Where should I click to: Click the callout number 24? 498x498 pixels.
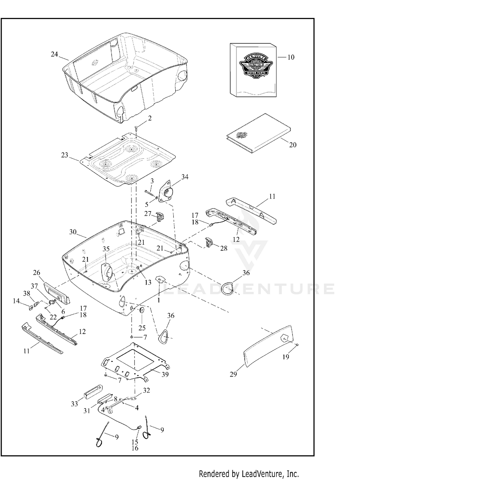click(x=54, y=54)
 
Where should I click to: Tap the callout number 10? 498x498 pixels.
click(x=290, y=57)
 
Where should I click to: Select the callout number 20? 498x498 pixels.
click(x=292, y=145)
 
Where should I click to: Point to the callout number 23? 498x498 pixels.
click(x=64, y=155)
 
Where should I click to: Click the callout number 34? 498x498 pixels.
click(x=185, y=177)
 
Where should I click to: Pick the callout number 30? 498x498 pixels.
click(x=73, y=232)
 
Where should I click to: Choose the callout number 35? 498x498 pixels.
click(x=106, y=249)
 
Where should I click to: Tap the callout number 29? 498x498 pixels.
click(x=233, y=374)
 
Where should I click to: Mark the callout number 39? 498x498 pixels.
click(x=165, y=374)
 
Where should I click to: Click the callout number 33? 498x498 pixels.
click(x=74, y=403)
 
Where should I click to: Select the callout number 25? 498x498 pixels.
click(x=142, y=328)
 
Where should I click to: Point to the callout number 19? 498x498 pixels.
click(x=286, y=357)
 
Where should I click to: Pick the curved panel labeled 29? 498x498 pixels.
click(x=269, y=345)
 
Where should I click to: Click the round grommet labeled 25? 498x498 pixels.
click(x=141, y=311)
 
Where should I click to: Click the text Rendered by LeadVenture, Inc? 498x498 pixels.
click(x=249, y=474)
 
